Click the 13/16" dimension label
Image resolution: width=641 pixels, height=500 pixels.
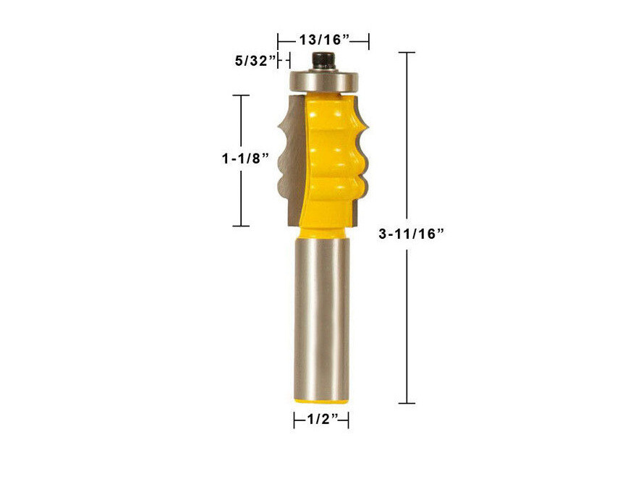[x=323, y=41]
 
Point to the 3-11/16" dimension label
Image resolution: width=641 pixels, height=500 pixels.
[x=410, y=233]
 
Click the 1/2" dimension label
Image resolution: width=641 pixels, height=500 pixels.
[x=321, y=420]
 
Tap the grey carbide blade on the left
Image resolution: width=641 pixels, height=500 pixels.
[x=288, y=159]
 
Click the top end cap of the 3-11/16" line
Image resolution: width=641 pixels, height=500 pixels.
[x=407, y=53]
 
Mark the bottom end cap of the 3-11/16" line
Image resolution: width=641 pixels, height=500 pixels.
[x=407, y=402]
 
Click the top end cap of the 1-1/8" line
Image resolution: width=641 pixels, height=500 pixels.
[x=240, y=96]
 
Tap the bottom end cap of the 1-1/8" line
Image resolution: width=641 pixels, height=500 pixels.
[x=240, y=226]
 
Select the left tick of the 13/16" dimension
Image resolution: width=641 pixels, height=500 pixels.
[x=278, y=41]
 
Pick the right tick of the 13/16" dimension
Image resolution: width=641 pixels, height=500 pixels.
[x=369, y=41]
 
